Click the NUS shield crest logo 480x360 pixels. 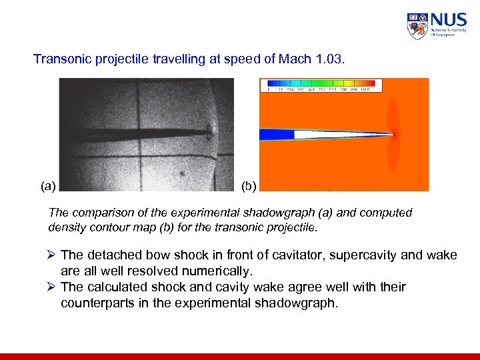(417, 26)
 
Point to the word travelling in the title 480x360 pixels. (164, 59)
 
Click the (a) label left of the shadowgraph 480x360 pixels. (48, 185)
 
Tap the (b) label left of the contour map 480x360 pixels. (249, 185)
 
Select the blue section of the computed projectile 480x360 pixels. (276, 134)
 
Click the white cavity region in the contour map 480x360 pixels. (327, 134)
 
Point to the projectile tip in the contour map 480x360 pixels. (393, 134)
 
